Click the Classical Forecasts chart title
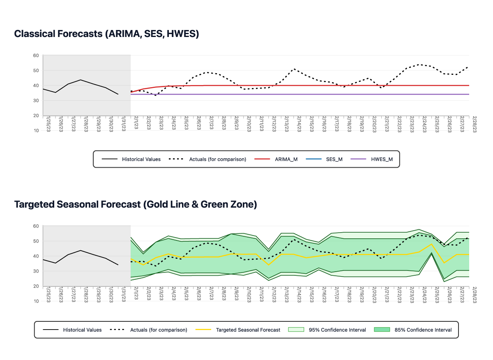(106, 34)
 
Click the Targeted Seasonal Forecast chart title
(136, 204)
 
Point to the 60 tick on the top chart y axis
(36, 55)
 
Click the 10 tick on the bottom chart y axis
(36, 301)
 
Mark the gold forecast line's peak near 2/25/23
(432, 244)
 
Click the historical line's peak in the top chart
(81, 80)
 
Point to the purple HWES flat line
(288, 95)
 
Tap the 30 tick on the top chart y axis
(36, 101)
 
